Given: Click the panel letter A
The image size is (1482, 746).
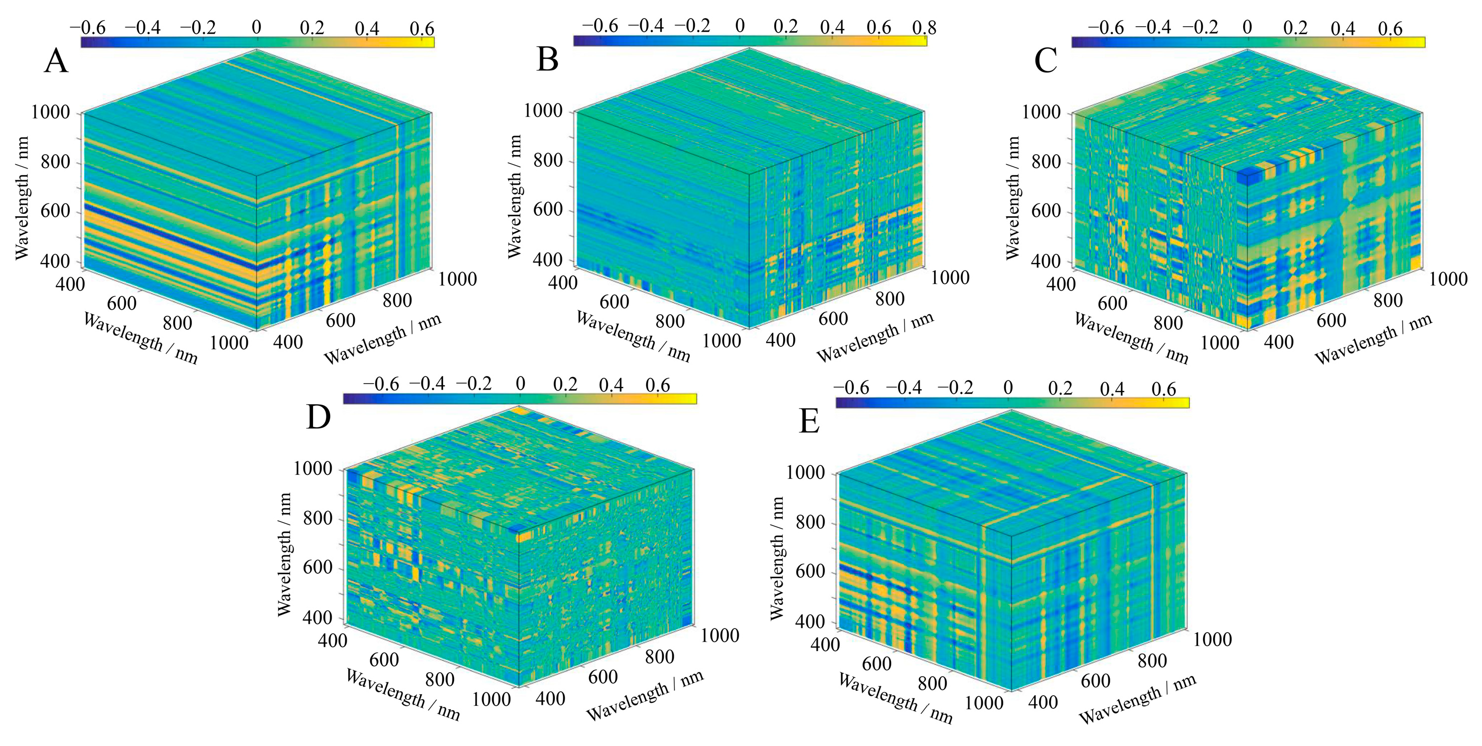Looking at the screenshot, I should click(56, 62).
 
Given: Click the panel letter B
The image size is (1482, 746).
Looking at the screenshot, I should click(547, 60).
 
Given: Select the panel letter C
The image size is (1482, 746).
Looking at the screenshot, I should click(1046, 62).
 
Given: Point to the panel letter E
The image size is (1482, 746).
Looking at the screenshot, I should click(809, 422).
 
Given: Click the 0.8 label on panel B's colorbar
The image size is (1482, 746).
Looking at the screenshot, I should click(924, 27).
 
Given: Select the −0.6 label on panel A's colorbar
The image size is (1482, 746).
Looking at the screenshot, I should click(87, 28).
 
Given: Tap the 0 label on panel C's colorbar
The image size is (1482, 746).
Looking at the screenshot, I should click(1247, 28).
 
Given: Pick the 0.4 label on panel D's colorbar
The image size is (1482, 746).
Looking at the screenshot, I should click(611, 385).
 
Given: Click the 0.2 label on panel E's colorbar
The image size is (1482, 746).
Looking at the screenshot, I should click(1060, 389).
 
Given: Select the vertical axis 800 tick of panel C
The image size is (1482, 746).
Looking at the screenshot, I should click(1046, 162).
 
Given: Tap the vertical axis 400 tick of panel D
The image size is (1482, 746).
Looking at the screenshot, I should click(318, 617).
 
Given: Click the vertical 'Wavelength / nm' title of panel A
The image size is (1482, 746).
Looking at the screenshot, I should click(22, 198).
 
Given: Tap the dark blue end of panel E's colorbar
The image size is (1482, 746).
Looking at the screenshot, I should click(840, 403).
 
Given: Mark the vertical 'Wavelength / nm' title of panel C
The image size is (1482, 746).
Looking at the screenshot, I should click(1013, 198).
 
